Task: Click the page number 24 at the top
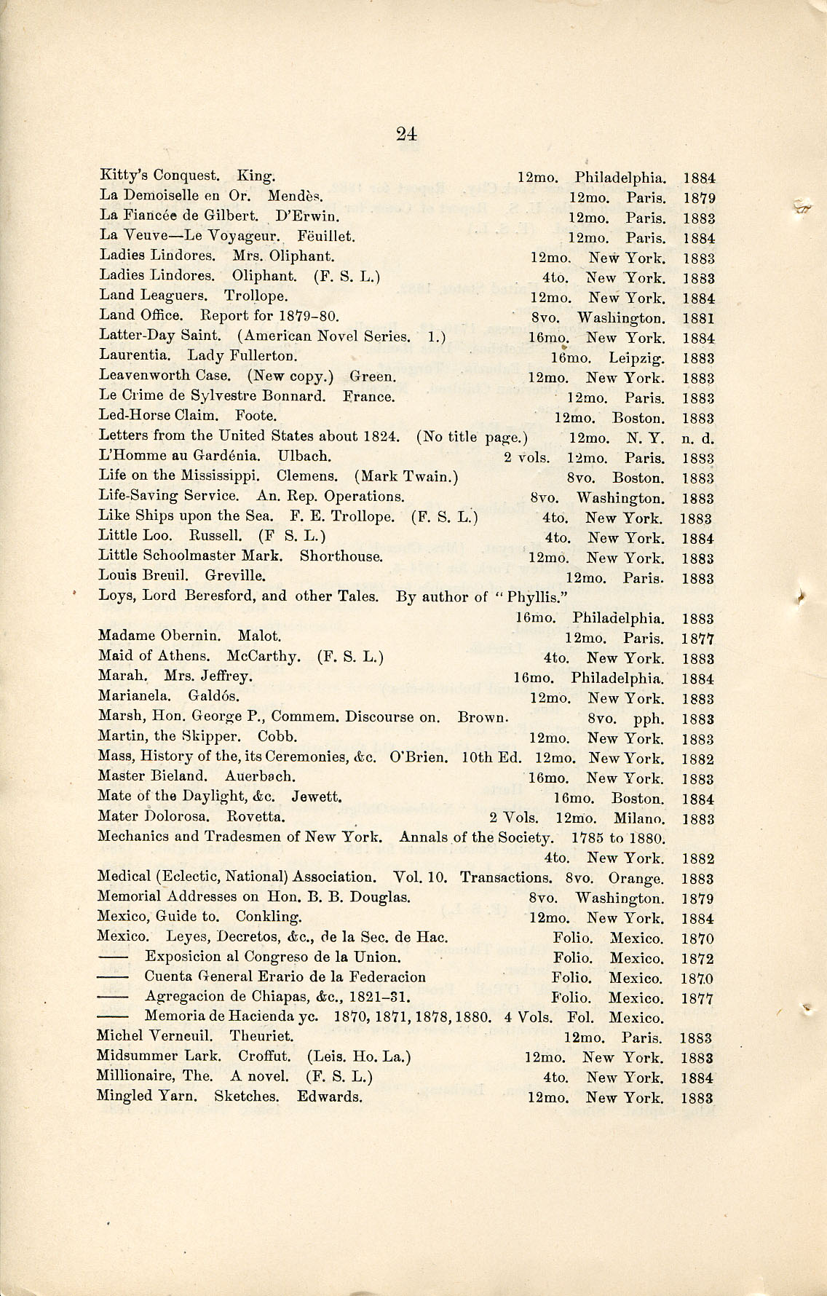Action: [406, 133]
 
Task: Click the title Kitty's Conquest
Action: [159, 175]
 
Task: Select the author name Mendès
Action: [295, 196]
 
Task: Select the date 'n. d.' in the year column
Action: [697, 438]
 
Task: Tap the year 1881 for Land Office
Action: [698, 318]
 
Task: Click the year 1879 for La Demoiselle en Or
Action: [698, 198]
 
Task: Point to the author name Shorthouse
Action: [341, 556]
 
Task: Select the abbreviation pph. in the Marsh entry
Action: [649, 719]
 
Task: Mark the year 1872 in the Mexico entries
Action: [697, 959]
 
